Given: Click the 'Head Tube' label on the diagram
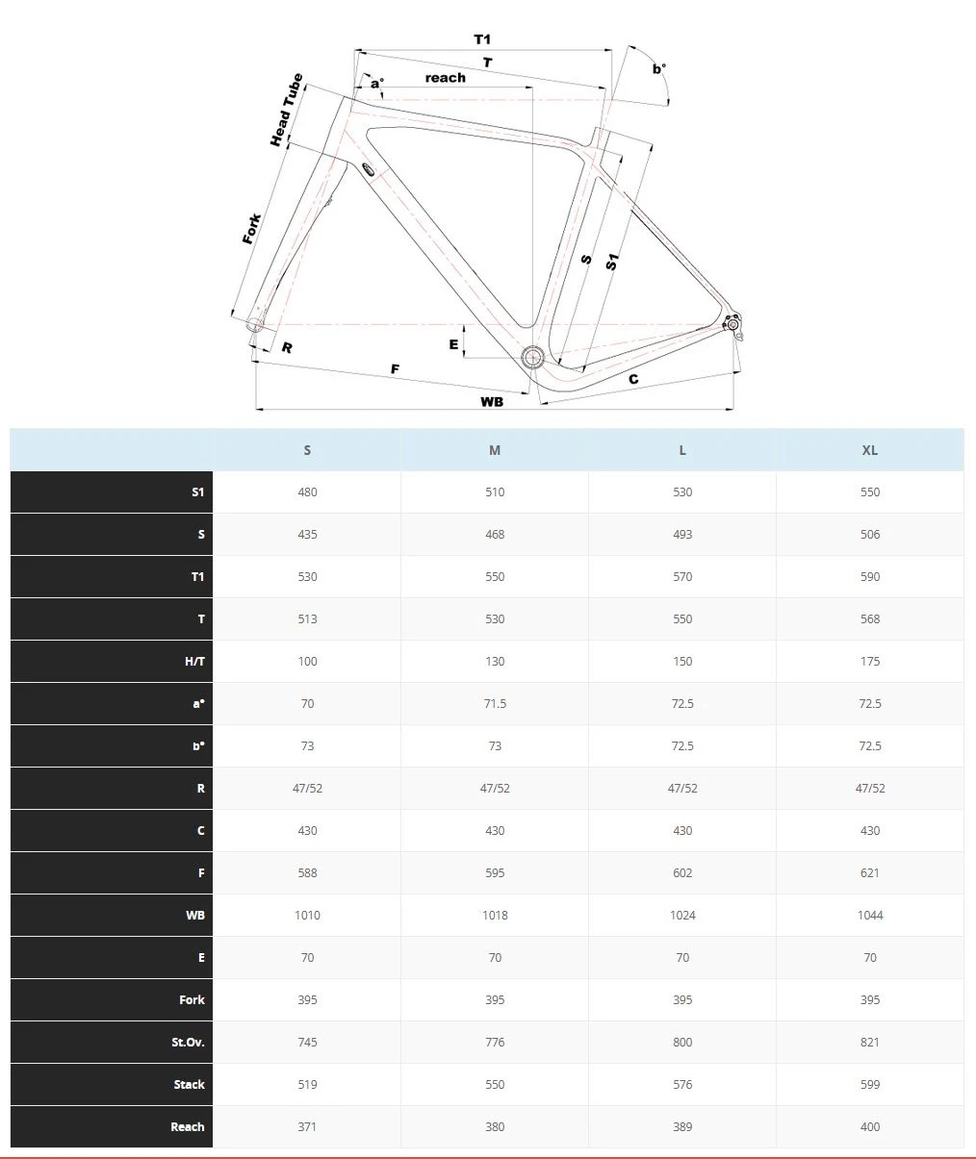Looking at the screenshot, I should pos(286,111).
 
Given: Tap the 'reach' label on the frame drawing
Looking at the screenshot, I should pos(445,78).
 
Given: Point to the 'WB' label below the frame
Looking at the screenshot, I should pos(492,401).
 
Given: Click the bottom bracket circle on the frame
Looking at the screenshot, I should pos(532,358).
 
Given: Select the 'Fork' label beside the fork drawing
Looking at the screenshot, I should pos(251,229).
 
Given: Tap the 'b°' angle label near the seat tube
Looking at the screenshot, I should pos(658,68).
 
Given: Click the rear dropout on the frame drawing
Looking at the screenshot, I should pos(732,324).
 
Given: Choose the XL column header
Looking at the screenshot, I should pos(869,450).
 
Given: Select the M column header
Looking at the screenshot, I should pos(495,450).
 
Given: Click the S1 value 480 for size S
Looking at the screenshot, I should pos(307,491).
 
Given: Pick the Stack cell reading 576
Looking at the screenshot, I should pos(682,1084).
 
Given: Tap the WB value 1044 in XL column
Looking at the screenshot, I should pos(869,915).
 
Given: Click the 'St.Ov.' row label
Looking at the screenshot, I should pos(188,1042).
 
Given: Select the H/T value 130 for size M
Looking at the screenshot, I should pos(495,661).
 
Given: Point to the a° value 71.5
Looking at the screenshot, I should pos(495,703).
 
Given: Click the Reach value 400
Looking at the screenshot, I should pos(869,1126).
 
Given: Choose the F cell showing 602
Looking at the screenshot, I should pos(682,872).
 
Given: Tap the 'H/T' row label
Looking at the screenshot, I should pos(194,661).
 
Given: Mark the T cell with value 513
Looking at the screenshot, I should pos(307,618).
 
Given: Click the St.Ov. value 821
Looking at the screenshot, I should pos(869,1042).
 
